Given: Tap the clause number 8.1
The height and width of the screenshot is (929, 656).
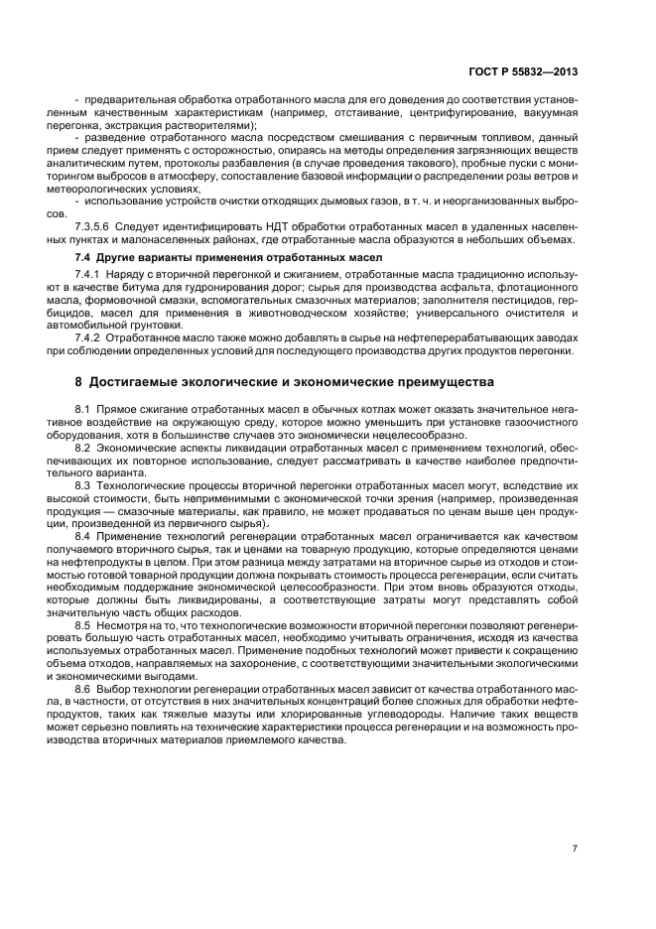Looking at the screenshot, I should coord(82,409).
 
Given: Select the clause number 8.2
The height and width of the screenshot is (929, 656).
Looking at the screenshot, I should coord(82,448).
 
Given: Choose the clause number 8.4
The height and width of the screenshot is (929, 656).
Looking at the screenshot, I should coord(82,536).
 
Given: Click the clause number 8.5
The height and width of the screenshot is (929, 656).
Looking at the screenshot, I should coord(82,625).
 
